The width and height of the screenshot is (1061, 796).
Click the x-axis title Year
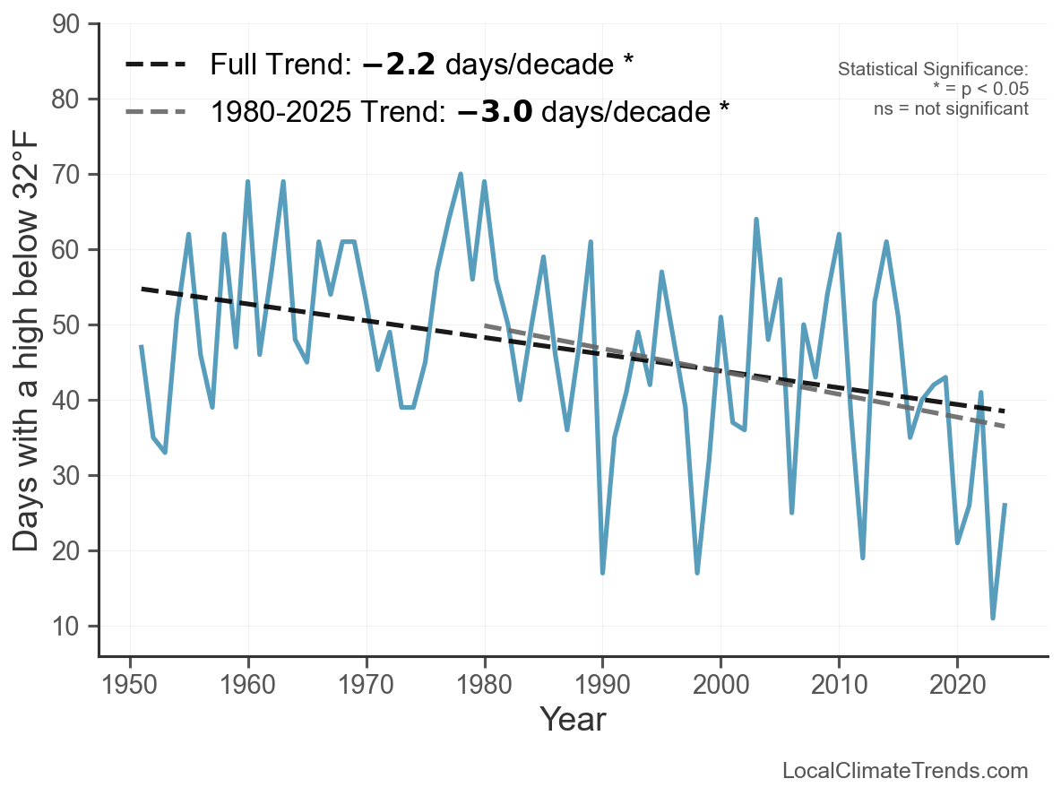[x=573, y=720]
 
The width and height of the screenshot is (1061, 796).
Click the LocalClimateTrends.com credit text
[x=905, y=771]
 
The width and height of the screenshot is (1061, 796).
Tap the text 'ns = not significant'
[x=951, y=108]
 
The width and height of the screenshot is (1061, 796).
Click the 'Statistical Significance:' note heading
[x=933, y=69]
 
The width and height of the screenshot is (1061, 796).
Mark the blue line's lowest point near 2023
[x=993, y=619]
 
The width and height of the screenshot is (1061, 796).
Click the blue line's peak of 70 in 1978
[x=461, y=174]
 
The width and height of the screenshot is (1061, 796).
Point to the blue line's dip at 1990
[x=602, y=573]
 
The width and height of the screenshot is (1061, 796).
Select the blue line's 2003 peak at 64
[x=756, y=219]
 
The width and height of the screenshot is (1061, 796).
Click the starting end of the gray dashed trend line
[x=485, y=325]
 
